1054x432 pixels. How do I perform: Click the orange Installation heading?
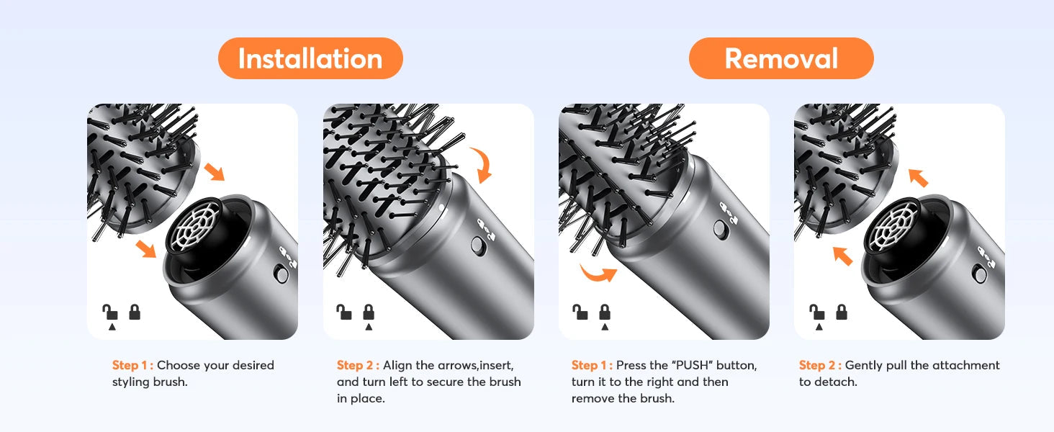(x=310, y=58)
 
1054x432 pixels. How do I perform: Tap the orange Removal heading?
(x=781, y=58)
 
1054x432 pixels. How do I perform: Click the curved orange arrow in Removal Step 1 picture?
(x=598, y=274)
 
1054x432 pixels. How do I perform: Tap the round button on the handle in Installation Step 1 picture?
(x=281, y=274)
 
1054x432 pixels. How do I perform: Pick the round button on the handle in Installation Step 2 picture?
(x=477, y=246)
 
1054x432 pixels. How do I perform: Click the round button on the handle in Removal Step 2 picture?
(x=979, y=274)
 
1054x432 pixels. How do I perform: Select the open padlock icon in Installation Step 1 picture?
(x=110, y=312)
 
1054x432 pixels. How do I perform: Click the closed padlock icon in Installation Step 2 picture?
(x=369, y=312)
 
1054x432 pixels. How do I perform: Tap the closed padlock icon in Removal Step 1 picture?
(x=605, y=312)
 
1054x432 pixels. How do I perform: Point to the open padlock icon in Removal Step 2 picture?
(x=817, y=312)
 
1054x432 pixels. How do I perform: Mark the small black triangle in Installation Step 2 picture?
(x=369, y=327)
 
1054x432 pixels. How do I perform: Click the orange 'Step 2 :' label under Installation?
(x=358, y=365)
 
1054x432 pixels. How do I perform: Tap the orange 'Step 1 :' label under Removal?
(x=592, y=365)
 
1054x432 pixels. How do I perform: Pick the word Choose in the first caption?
(x=179, y=365)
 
